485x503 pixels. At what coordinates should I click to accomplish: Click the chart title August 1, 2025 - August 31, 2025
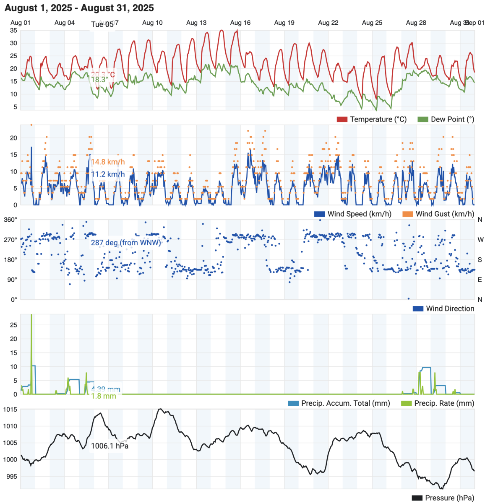pos(79,8)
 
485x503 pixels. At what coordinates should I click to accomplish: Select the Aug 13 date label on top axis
pos(196,23)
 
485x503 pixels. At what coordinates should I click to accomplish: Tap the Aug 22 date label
pos(328,23)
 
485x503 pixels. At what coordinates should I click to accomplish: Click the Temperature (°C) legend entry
pos(372,119)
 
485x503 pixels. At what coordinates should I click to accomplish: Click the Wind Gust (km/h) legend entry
pos(438,214)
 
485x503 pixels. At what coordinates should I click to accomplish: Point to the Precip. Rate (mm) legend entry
pos(438,404)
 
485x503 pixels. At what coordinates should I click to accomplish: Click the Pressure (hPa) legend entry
pos(443,498)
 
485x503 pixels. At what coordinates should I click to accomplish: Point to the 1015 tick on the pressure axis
pos(10,410)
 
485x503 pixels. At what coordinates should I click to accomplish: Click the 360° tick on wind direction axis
pos(10,220)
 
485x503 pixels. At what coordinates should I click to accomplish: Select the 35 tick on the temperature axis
pos(13,31)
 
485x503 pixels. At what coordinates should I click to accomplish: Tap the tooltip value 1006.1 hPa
pos(110,446)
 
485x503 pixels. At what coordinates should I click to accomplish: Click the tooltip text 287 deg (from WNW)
pos(126,243)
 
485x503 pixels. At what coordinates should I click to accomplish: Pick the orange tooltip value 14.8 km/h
pos(108,162)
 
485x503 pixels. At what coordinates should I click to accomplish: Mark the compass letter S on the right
pos(480,260)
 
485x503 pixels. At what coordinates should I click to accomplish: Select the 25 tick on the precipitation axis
pos(13,325)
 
